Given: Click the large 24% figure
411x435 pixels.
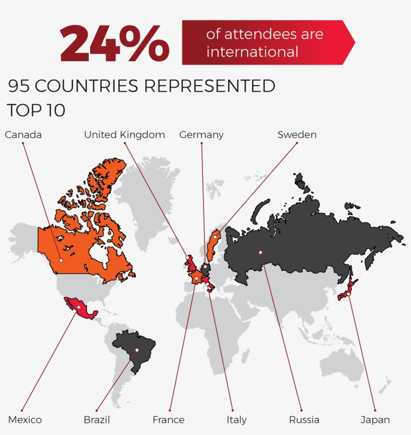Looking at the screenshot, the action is [115, 44].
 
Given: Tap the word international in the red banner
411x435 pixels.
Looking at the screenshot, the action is [252, 52].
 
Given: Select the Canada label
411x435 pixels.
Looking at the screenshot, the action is [23, 135].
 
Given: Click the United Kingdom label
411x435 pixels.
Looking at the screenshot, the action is [124, 135].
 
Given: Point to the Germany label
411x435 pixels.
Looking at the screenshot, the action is [201, 135].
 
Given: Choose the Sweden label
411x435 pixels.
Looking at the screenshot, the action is [297, 135].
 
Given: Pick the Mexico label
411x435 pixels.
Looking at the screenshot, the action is [25, 419].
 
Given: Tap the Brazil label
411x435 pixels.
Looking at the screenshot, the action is [97, 419].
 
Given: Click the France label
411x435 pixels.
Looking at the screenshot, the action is [168, 419].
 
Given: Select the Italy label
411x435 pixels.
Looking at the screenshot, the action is [236, 419].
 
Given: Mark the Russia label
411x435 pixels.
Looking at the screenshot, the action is [304, 419].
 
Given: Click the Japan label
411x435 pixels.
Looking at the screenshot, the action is [375, 419].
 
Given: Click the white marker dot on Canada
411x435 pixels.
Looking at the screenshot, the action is [61, 260].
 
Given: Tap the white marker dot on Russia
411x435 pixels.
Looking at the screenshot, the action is [261, 252].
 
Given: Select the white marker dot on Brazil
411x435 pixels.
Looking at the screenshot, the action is [136, 350].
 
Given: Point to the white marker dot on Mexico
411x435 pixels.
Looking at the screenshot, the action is [78, 306].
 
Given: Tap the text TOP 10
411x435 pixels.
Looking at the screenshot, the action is [36, 110].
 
